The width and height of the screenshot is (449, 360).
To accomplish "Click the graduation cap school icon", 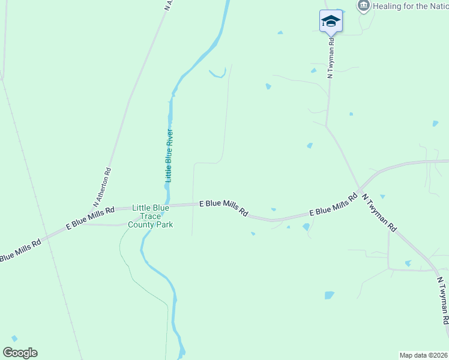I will (x=331, y=21).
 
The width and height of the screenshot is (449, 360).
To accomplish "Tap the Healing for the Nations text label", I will (x=411, y=7).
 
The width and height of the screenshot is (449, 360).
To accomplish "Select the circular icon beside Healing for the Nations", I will (x=363, y=6).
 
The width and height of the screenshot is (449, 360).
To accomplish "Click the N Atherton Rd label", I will (x=103, y=188).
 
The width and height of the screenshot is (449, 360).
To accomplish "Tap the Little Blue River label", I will (x=169, y=155).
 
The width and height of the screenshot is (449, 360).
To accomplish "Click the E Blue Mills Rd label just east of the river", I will (x=224, y=208).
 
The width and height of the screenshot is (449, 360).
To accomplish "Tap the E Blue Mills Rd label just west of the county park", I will (x=91, y=218).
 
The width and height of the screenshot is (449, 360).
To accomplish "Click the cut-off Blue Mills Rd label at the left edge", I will (x=19, y=250).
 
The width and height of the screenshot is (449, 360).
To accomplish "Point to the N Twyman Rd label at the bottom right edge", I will (x=442, y=304).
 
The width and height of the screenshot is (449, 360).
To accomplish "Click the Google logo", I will (x=20, y=353).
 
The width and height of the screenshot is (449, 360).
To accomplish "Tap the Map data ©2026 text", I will (x=423, y=355).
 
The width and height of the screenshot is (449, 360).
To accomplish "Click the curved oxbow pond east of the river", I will (x=217, y=74).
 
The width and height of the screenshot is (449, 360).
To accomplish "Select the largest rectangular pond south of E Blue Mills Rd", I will (x=329, y=295).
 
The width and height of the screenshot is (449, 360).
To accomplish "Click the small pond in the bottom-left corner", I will (x=14, y=338).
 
